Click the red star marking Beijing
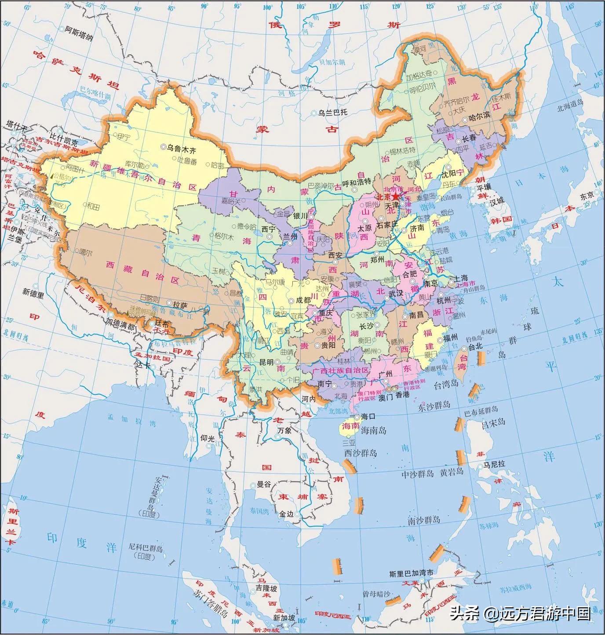coord(396,196)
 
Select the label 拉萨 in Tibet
coord(180,304)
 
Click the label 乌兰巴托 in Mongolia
coord(333,112)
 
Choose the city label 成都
coord(303,300)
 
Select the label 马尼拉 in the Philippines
coord(494,465)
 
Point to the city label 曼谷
coord(263,485)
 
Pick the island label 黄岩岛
coord(451,472)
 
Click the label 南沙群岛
coord(424,520)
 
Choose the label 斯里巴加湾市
coord(411,573)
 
